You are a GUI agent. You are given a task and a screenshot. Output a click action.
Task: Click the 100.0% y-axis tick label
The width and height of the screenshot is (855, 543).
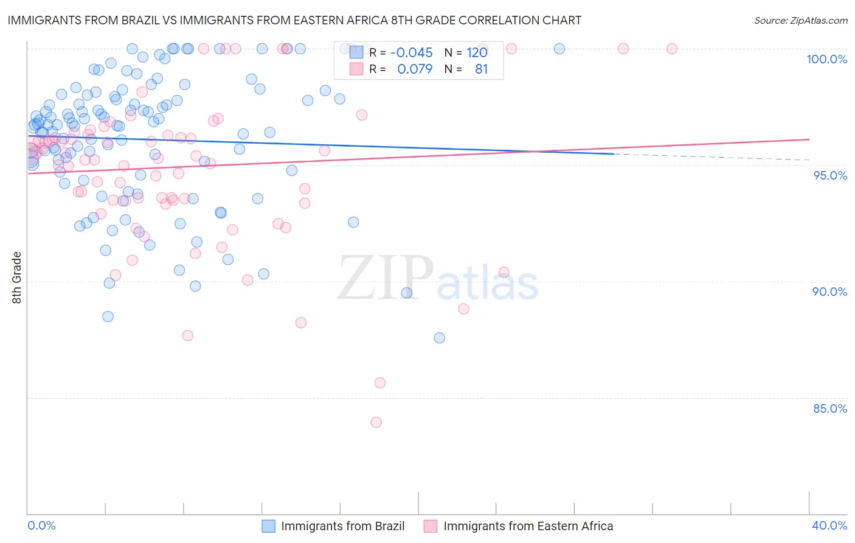coord(826,59)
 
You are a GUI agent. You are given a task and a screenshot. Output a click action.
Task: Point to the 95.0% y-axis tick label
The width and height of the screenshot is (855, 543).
coord(830,175)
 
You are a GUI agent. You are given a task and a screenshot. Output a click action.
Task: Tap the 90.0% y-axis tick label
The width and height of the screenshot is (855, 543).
coord(829,292)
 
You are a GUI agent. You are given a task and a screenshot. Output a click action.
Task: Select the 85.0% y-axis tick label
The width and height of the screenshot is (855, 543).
coord(830,408)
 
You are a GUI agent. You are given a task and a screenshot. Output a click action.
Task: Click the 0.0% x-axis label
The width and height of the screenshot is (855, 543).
coord(41,525)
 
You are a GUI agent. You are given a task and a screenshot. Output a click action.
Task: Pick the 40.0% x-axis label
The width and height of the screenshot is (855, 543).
coord(829,525)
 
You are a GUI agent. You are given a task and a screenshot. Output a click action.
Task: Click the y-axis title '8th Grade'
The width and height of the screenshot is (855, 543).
coord(17,278)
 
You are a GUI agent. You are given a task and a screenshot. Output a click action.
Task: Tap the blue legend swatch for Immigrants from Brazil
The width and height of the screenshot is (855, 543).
coord(269,526)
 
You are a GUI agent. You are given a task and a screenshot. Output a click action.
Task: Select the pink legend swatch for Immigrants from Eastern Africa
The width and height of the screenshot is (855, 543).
coord(431,526)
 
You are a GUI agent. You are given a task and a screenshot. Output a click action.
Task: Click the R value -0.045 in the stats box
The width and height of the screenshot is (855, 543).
coord(411,52)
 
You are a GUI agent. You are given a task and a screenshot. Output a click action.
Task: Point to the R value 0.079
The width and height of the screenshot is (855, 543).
coord(415,69)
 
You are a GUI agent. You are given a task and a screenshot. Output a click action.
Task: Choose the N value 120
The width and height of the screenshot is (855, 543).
coord(477,52)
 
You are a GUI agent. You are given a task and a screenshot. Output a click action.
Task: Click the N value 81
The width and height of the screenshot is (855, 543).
coord(481,69)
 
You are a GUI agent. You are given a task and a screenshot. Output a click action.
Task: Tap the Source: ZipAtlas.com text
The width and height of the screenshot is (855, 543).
coord(800,20)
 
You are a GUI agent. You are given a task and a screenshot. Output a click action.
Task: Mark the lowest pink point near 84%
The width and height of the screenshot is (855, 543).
coord(376,422)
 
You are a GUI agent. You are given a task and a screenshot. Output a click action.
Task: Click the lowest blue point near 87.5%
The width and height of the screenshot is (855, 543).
coord(439,338)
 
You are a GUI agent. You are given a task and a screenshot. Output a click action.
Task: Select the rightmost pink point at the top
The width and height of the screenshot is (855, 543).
coord(672,49)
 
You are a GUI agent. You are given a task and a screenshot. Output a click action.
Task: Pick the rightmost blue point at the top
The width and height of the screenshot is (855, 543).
coord(559,49)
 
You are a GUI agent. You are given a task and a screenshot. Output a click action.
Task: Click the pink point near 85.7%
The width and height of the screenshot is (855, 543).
coord(380,383)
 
